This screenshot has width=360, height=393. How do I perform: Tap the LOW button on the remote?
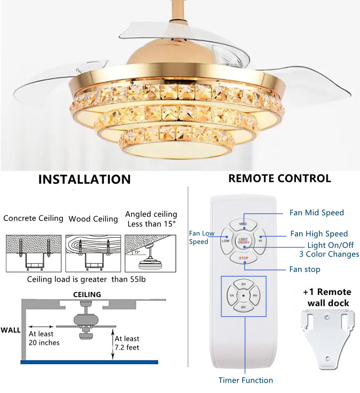[x=226, y=241]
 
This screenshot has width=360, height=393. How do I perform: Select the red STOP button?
[x=243, y=259]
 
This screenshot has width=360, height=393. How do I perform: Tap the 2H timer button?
[x=244, y=284]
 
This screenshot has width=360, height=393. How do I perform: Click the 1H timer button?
[x=232, y=296]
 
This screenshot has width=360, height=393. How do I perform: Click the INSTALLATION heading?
[x=84, y=180]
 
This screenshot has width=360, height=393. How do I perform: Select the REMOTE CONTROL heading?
[x=279, y=178]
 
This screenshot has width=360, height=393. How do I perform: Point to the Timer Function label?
[x=246, y=380]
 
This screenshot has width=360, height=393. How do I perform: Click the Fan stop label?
[x=305, y=270]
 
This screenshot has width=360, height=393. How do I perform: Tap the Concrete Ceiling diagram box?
[x=33, y=253]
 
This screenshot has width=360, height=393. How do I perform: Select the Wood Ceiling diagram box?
[x=93, y=253]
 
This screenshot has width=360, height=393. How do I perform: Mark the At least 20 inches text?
[x=44, y=338]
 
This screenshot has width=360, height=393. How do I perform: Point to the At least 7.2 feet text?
[x=127, y=343]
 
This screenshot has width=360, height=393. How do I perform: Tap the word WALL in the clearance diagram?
[x=10, y=330]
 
